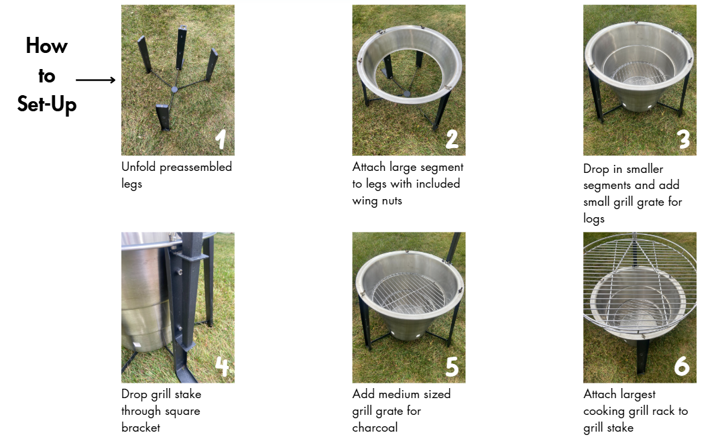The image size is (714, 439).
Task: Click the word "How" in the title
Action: pyautogui.click(x=46, y=46)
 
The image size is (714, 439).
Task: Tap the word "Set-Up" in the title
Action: pyautogui.click(x=46, y=105)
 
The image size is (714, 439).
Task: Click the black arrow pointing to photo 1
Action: pyautogui.click(x=96, y=80)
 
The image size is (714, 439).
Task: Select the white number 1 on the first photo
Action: pyautogui.click(x=221, y=139)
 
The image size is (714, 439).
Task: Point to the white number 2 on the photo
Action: pyautogui.click(x=452, y=139)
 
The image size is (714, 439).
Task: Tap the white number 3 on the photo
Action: pyautogui.click(x=683, y=139)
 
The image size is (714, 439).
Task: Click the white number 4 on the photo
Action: pyautogui.click(x=222, y=366)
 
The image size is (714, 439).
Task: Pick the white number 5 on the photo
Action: pyautogui.click(x=452, y=366)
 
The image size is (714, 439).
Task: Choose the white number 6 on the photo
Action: pyautogui.click(x=682, y=366)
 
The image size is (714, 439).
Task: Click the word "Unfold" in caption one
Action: pyautogui.click(x=138, y=167)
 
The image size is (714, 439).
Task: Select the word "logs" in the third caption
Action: pyautogui.click(x=594, y=218)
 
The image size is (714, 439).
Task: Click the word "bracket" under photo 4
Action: pyautogui.click(x=141, y=428)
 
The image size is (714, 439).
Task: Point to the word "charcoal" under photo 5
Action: pyautogui.click(x=375, y=428)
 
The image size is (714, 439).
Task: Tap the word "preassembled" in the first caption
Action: pyautogui.click(x=196, y=167)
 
